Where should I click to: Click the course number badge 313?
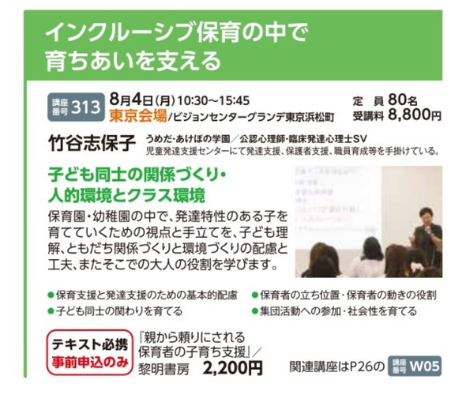(76, 107)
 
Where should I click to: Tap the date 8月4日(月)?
(142, 100)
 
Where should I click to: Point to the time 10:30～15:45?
(214, 101)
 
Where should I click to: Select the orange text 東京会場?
(138, 115)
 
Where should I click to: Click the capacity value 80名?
(403, 100)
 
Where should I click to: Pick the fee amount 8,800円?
(415, 115)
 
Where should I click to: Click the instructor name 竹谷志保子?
(92, 143)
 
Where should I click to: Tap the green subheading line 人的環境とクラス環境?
(126, 195)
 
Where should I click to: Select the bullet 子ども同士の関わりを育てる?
(115, 311)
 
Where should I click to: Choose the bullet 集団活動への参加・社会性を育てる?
(335, 311)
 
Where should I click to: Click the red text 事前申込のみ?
(90, 363)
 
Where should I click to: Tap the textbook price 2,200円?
(233, 368)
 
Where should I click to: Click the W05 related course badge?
(415, 366)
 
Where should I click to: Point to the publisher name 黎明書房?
(163, 369)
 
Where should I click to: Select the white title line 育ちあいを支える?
(133, 61)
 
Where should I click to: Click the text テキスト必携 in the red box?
(90, 344)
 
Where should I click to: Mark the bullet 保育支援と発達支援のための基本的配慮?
(143, 295)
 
